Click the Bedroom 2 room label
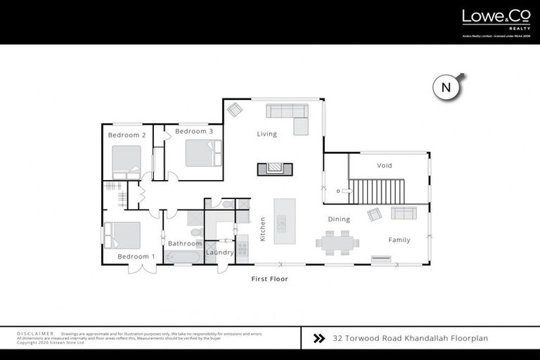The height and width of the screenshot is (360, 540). [127, 135]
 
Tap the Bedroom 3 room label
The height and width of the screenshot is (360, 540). [194, 131]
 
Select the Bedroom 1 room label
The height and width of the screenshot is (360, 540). [136, 257]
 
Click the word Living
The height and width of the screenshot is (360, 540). [266, 134]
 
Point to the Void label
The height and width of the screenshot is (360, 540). [384, 166]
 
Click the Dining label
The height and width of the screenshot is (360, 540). [338, 219]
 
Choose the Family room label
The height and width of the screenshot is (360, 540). [399, 240]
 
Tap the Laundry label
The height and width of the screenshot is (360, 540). [219, 252]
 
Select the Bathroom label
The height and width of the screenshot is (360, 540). [184, 243]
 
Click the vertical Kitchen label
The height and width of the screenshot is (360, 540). [263, 229]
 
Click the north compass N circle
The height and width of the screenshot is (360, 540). [445, 88]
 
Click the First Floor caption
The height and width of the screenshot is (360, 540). [270, 279]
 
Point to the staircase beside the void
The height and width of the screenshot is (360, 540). [378, 191]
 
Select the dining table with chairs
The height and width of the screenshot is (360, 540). [337, 243]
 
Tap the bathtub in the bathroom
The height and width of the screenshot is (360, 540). [184, 256]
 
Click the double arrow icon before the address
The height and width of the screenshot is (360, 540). [319, 338]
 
